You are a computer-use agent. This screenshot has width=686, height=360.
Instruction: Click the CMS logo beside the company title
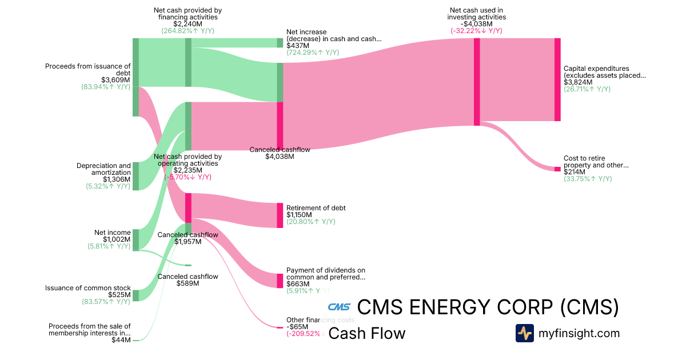click(339, 307)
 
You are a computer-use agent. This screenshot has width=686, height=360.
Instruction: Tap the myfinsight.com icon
click(524, 333)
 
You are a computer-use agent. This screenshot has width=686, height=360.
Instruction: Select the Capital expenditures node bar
click(557, 79)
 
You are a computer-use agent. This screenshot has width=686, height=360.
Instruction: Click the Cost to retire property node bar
click(557, 169)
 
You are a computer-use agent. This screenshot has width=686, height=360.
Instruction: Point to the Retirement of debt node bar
click(280, 215)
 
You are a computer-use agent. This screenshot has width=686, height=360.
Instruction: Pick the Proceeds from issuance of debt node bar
click(136, 77)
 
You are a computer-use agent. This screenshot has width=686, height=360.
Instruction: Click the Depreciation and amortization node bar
click(136, 176)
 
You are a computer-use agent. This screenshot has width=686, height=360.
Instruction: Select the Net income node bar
click(136, 240)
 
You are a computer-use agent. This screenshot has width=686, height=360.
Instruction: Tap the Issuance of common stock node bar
click(136, 295)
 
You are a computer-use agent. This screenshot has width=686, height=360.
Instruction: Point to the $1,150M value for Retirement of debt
click(299, 215)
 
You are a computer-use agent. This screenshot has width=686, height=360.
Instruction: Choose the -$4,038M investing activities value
click(476, 23)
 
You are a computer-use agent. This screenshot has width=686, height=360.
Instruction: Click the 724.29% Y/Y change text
click(313, 53)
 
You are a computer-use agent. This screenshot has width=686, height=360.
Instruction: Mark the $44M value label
click(121, 340)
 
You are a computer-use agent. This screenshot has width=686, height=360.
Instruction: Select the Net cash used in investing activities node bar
click(477, 82)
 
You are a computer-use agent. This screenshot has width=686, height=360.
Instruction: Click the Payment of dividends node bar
click(280, 281)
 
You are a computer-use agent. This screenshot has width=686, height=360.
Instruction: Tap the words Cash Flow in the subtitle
click(367, 333)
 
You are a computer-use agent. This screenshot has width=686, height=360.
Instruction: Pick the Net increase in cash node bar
click(280, 43)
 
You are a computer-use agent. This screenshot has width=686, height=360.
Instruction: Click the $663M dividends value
click(298, 283)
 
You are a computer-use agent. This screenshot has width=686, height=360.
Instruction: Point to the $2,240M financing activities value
click(188, 23)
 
